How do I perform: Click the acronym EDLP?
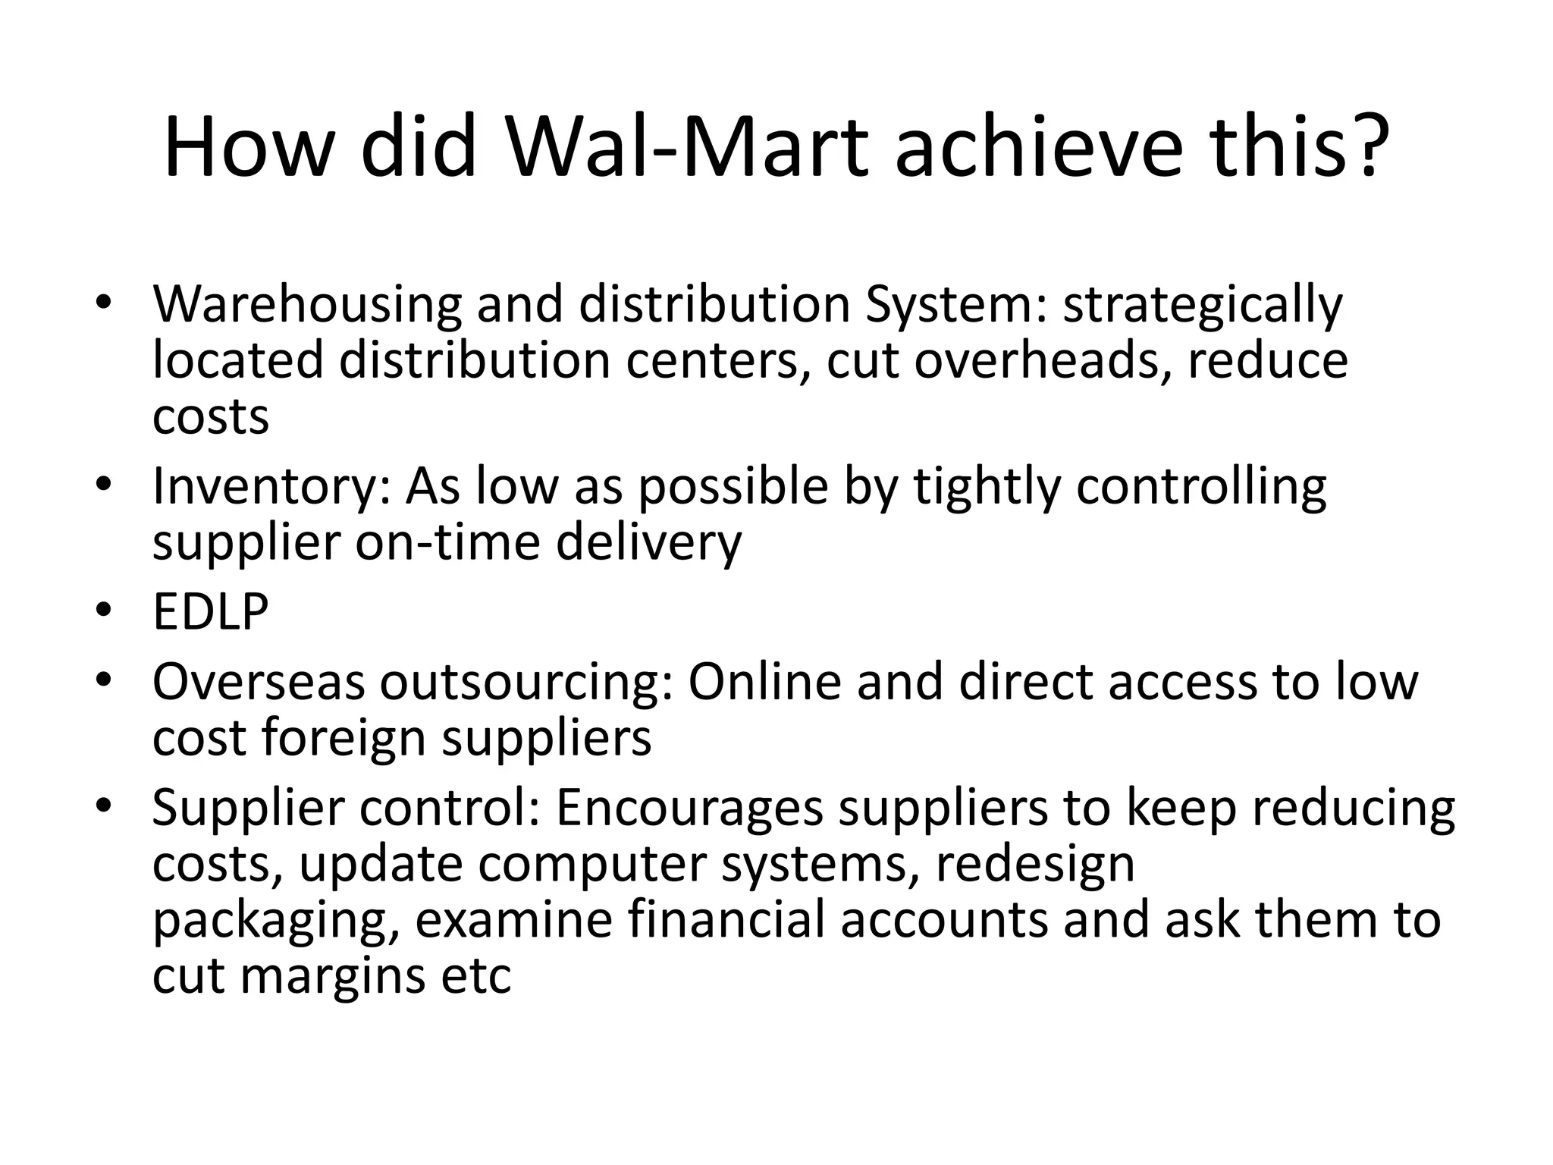pos(210,611)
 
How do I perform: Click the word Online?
pos(764,681)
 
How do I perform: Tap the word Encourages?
pos(689,808)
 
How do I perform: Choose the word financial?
pos(726,919)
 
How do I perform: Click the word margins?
pos(334,976)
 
